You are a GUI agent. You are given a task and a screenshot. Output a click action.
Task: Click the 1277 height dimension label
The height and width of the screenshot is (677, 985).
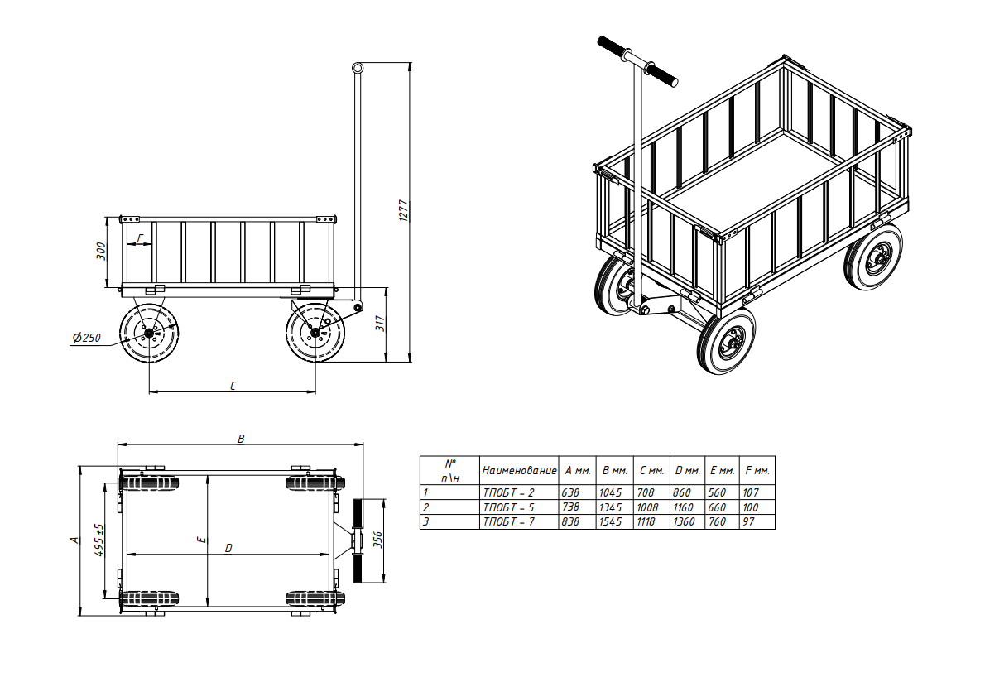(403, 211)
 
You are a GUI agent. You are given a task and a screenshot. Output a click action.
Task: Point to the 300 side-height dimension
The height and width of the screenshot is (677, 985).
(101, 252)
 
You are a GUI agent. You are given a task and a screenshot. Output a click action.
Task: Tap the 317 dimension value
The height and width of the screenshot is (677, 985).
(381, 324)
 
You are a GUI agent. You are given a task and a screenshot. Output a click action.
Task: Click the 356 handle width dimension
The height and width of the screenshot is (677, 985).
(377, 540)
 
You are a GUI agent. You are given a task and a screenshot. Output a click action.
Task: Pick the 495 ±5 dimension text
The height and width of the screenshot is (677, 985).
(98, 540)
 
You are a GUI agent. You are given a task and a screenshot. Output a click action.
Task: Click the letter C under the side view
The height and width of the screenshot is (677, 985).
(233, 386)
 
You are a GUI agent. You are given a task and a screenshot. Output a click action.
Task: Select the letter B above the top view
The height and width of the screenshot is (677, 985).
(241, 439)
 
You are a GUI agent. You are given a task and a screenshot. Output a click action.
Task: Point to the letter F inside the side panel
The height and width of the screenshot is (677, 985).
(140, 238)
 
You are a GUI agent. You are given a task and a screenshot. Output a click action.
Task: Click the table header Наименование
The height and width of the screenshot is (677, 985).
(519, 470)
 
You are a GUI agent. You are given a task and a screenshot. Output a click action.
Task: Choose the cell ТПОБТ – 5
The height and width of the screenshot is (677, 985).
(508, 507)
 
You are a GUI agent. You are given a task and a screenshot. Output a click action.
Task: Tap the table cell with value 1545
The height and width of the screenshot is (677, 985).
(610, 521)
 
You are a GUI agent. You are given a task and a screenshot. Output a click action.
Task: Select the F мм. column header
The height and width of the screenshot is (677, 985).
(757, 470)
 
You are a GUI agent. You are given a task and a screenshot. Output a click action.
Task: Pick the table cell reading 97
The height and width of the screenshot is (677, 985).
(748, 521)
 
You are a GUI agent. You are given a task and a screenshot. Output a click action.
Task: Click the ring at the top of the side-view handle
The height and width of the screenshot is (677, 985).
(358, 68)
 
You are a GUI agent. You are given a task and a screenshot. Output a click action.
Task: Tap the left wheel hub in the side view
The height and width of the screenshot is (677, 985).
(149, 333)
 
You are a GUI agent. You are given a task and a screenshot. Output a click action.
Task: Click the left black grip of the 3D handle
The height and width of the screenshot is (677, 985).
(613, 47)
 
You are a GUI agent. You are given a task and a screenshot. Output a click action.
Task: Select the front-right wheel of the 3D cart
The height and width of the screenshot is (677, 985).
(727, 341)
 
